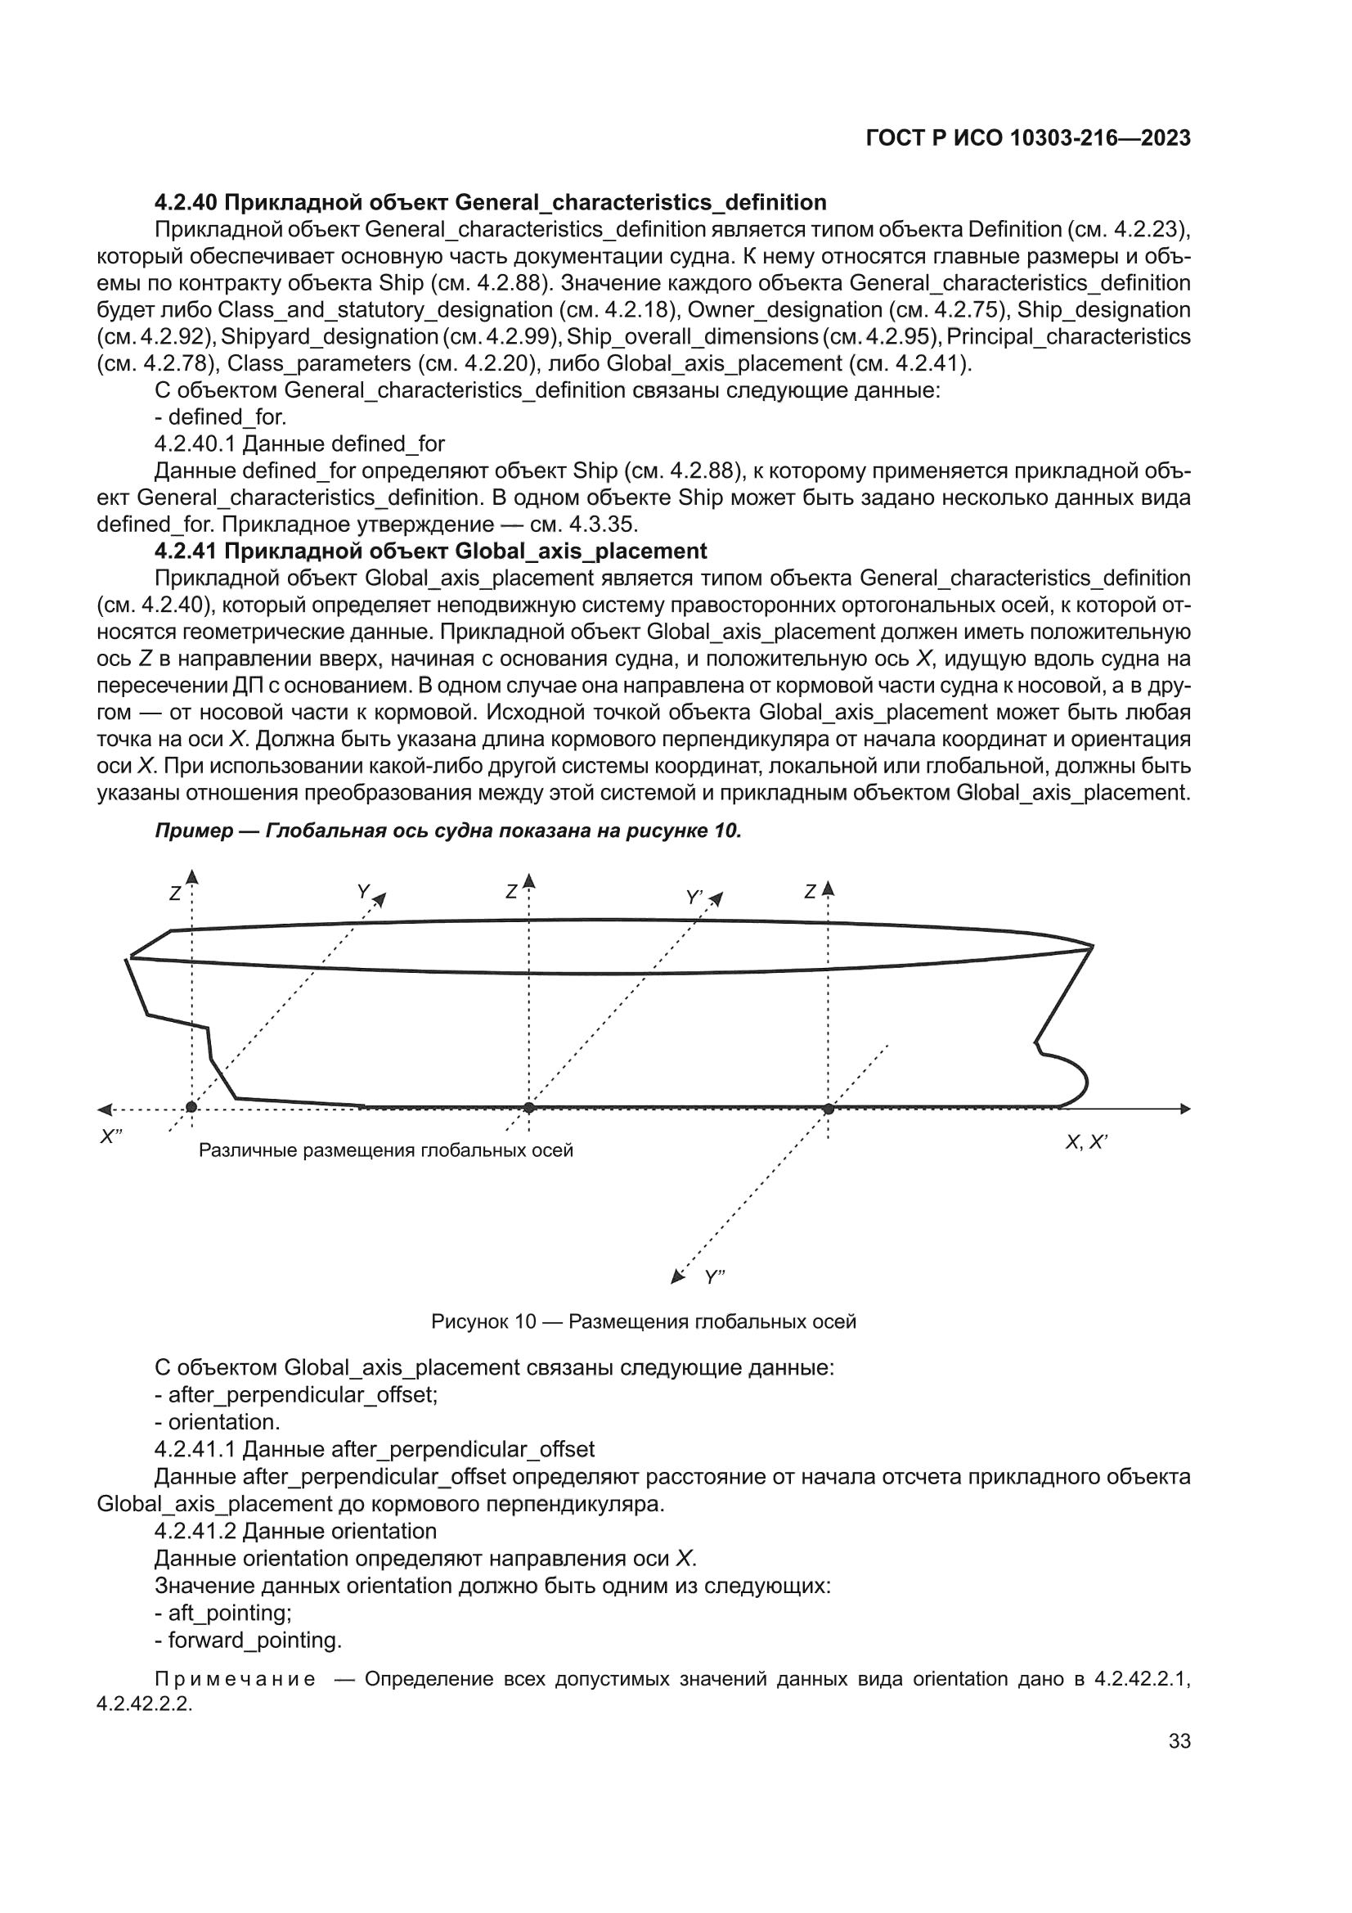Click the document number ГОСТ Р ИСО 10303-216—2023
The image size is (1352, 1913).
coord(1028,138)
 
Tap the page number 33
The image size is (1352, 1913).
coord(1179,1741)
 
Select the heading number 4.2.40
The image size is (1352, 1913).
coord(186,202)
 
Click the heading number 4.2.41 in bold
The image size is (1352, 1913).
coord(186,551)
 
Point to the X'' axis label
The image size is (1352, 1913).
coord(110,1137)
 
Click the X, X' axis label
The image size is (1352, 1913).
coord(1085,1142)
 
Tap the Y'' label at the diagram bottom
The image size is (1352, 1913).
coord(715,1277)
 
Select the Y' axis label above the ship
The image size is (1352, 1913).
coord(694,897)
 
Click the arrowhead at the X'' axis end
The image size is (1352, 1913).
coord(103,1109)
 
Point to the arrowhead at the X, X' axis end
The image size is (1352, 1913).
coord(1185,1109)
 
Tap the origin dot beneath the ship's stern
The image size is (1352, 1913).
coord(191,1107)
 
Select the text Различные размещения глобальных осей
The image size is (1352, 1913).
coord(386,1150)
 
